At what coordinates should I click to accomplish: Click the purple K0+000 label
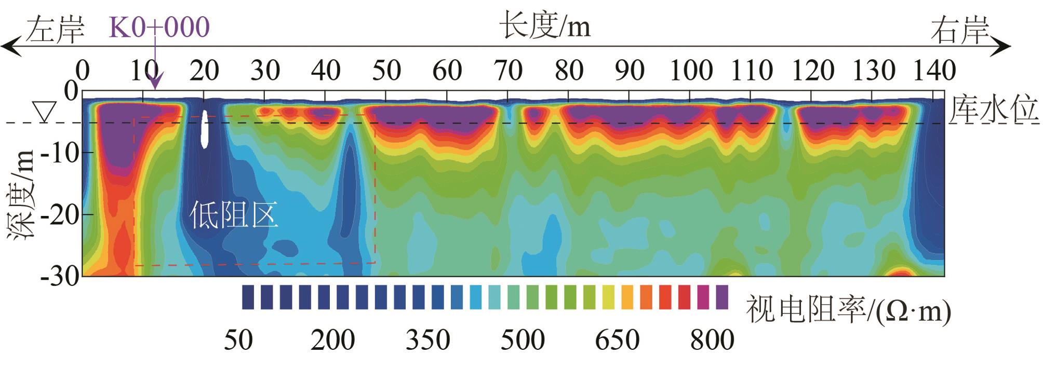[159, 27]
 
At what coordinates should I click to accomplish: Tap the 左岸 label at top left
[55, 30]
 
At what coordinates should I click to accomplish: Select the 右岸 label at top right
[959, 31]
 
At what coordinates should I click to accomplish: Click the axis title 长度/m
[545, 25]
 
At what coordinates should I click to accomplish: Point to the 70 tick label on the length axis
[507, 71]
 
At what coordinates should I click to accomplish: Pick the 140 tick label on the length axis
[934, 71]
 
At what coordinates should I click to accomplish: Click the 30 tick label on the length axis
[265, 71]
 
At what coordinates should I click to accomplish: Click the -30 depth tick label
[60, 276]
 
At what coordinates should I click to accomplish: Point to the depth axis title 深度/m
[22, 195]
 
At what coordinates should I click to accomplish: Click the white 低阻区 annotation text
[233, 215]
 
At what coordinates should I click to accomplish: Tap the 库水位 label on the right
[993, 111]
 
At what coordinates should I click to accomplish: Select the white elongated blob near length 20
[205, 129]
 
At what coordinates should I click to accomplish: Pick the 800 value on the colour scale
[712, 340]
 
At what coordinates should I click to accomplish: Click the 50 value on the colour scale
[238, 340]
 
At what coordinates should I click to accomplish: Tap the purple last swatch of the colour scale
[722, 297]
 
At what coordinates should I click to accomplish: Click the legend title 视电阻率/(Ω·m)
[848, 310]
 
